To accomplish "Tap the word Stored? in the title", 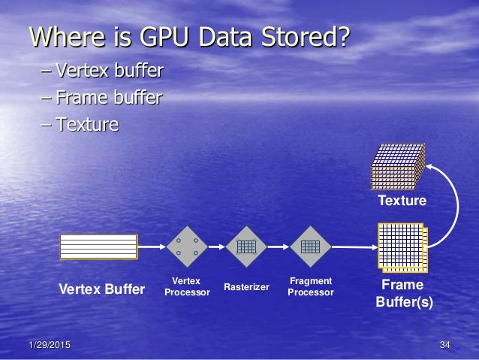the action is [x=303, y=36].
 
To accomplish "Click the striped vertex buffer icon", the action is [x=98, y=246].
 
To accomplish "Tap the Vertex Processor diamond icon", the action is [x=187, y=246].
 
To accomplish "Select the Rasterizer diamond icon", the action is [x=246, y=246].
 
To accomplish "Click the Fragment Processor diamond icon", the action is [x=310, y=246].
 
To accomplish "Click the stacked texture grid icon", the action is [x=398, y=165].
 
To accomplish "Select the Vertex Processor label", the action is [x=187, y=286].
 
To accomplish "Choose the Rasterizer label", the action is [x=246, y=286].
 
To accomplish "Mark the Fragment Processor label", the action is [x=310, y=286].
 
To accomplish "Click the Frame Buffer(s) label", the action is [x=403, y=294].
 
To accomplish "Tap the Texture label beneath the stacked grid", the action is [x=402, y=201].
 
